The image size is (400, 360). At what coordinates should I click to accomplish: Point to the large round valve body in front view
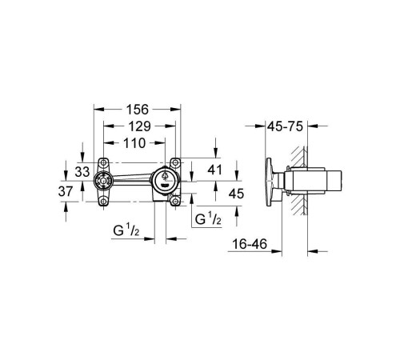(165, 181)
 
